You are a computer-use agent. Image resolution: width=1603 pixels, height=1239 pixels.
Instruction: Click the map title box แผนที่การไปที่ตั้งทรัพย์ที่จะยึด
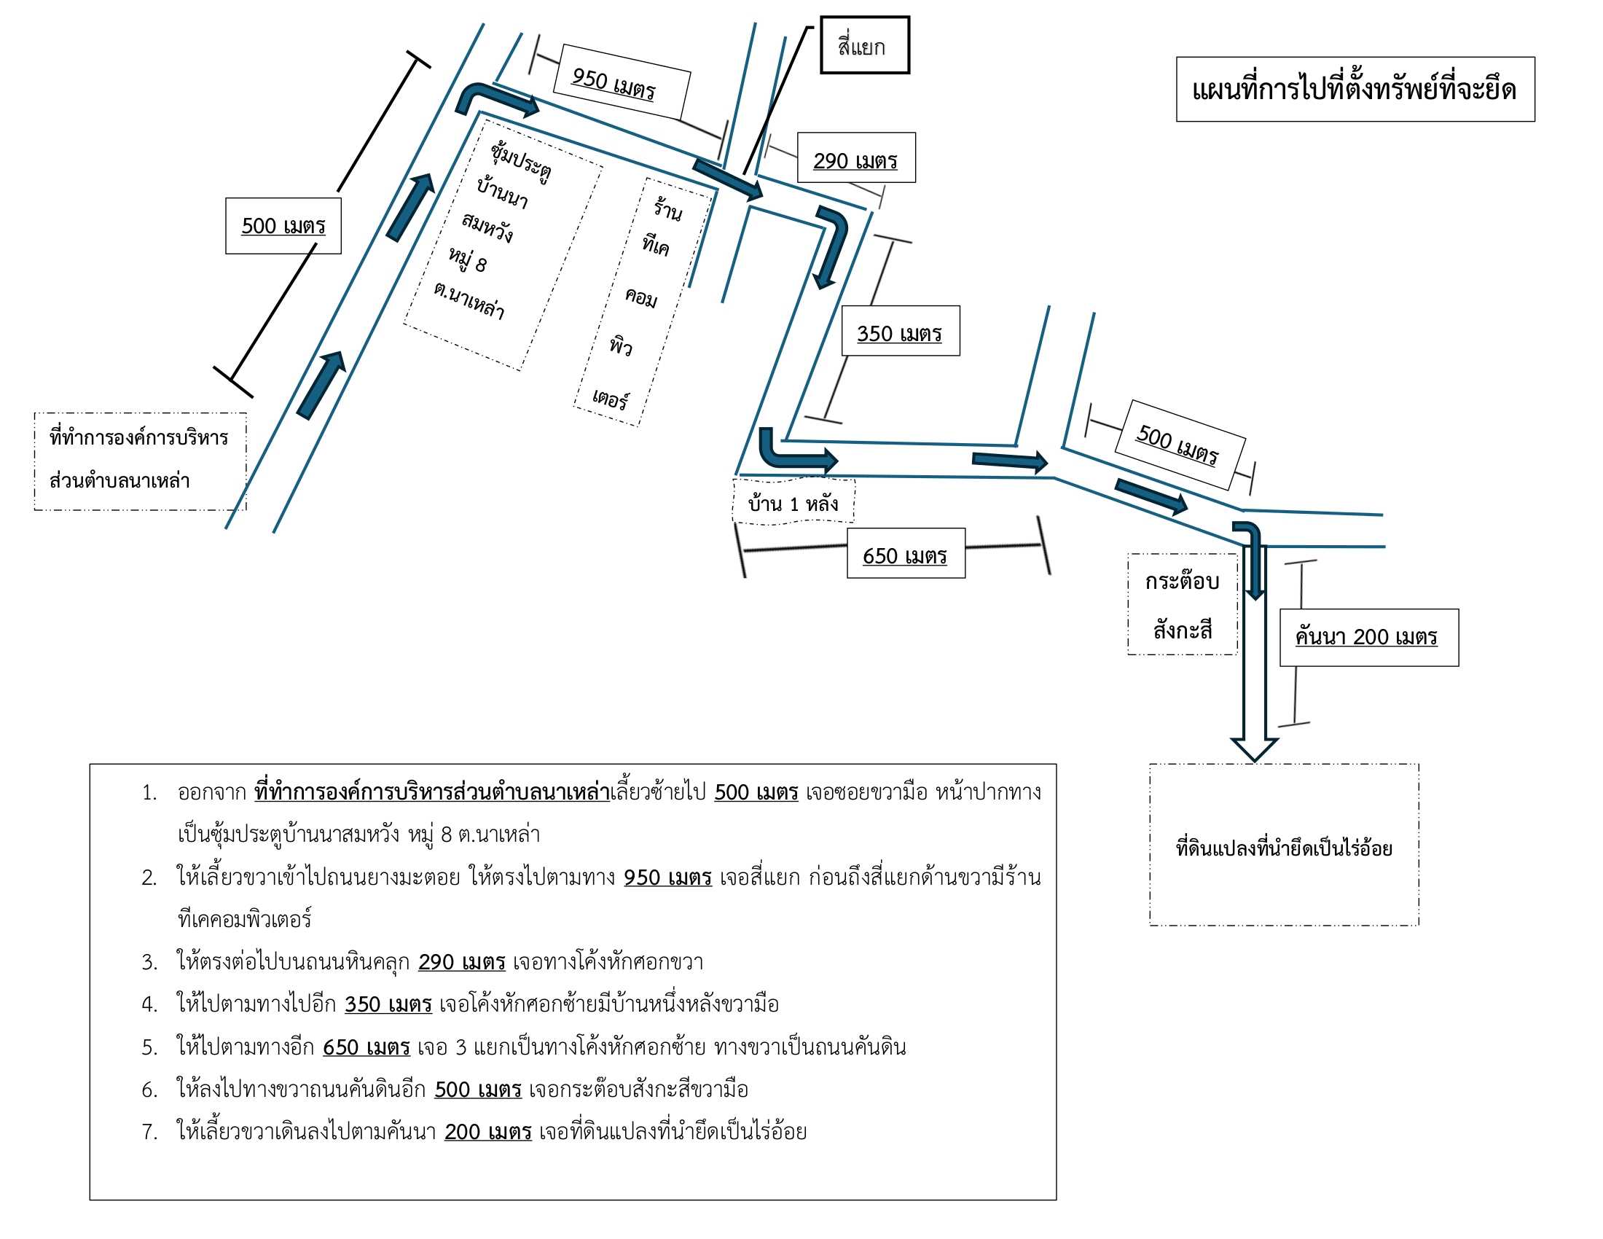click(x=1355, y=89)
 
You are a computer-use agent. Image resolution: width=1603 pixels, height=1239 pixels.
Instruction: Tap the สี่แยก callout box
click(x=865, y=45)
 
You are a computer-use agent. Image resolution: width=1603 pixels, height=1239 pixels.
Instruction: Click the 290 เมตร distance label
click(x=856, y=157)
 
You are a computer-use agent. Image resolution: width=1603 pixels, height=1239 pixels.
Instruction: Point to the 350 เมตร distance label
click(x=901, y=331)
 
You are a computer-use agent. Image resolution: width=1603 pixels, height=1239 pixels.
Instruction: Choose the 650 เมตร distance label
click(x=906, y=553)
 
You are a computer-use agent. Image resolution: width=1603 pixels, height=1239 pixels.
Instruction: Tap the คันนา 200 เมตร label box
click(x=1369, y=637)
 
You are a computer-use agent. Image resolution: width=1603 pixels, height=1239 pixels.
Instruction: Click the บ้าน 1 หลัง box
click(x=794, y=502)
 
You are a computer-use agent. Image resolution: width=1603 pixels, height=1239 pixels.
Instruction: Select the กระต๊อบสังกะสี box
click(x=1183, y=604)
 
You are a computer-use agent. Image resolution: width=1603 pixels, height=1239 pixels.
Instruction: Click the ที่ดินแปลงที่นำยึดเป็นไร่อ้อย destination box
click(x=1284, y=845)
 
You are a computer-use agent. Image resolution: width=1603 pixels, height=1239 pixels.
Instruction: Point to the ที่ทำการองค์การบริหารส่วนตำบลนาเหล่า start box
click(x=139, y=461)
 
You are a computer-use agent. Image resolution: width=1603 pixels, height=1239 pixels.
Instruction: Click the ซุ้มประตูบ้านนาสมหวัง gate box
click(x=503, y=245)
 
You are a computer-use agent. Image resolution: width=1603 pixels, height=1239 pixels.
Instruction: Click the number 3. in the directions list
click(x=149, y=961)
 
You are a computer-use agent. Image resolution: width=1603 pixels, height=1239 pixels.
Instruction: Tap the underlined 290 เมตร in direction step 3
click(x=462, y=961)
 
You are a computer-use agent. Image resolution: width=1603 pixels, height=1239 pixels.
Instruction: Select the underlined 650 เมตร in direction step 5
click(x=367, y=1047)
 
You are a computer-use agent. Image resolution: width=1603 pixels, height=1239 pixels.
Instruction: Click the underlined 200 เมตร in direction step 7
click(x=488, y=1132)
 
